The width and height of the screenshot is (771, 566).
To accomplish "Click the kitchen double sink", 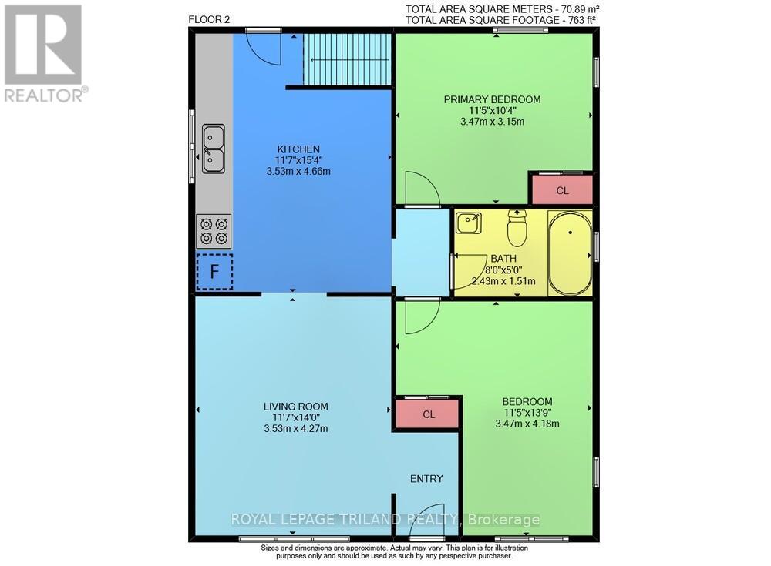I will click(x=214, y=149).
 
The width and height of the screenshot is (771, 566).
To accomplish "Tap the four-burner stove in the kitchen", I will click(x=214, y=231).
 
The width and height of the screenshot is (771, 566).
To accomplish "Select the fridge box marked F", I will click(x=214, y=271).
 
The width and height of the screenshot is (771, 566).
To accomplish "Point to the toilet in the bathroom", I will click(x=517, y=226).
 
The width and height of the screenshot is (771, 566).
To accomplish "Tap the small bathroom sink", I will click(x=468, y=224).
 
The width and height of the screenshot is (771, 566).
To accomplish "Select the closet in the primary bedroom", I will click(x=562, y=189).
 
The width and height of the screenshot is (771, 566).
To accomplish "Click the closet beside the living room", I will click(x=429, y=414).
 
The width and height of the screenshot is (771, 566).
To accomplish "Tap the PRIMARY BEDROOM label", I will click(x=492, y=99).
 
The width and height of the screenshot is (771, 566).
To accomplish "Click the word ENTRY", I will click(x=426, y=478).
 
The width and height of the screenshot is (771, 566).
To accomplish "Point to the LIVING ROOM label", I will click(x=295, y=407).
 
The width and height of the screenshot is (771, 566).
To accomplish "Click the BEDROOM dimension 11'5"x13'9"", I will click(x=527, y=412).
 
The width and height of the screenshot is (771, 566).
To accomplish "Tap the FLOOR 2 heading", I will click(x=208, y=19).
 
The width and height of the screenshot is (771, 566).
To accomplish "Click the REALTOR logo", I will click(x=45, y=53).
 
